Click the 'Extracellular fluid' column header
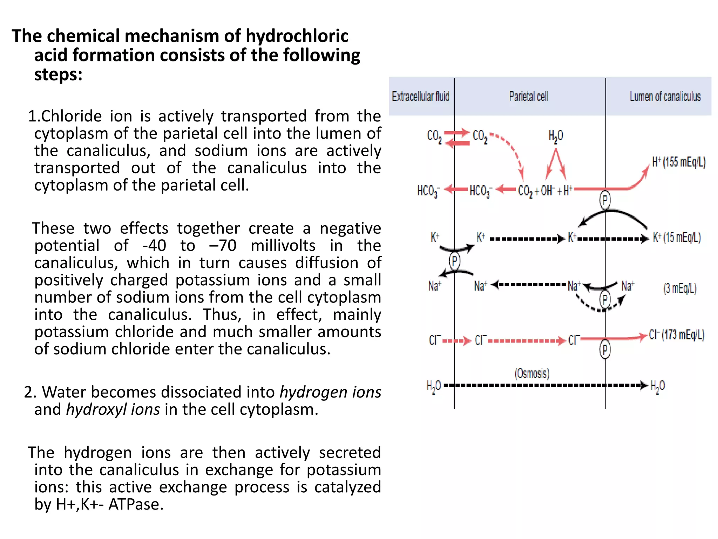coord(420,97)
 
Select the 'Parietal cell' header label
coord(528,97)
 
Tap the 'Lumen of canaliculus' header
coord(665,97)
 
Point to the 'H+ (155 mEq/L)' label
coord(679,162)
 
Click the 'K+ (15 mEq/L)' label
coord(677,238)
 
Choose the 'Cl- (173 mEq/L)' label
coord(677,335)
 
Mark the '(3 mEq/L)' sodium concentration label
coord(680,288)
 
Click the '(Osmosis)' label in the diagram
coord(532,373)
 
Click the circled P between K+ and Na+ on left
coord(454,261)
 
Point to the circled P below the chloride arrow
coord(605,350)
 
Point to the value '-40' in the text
coord(154,246)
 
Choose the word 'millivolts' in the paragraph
coord(283,246)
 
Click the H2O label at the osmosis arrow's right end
coord(657,386)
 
